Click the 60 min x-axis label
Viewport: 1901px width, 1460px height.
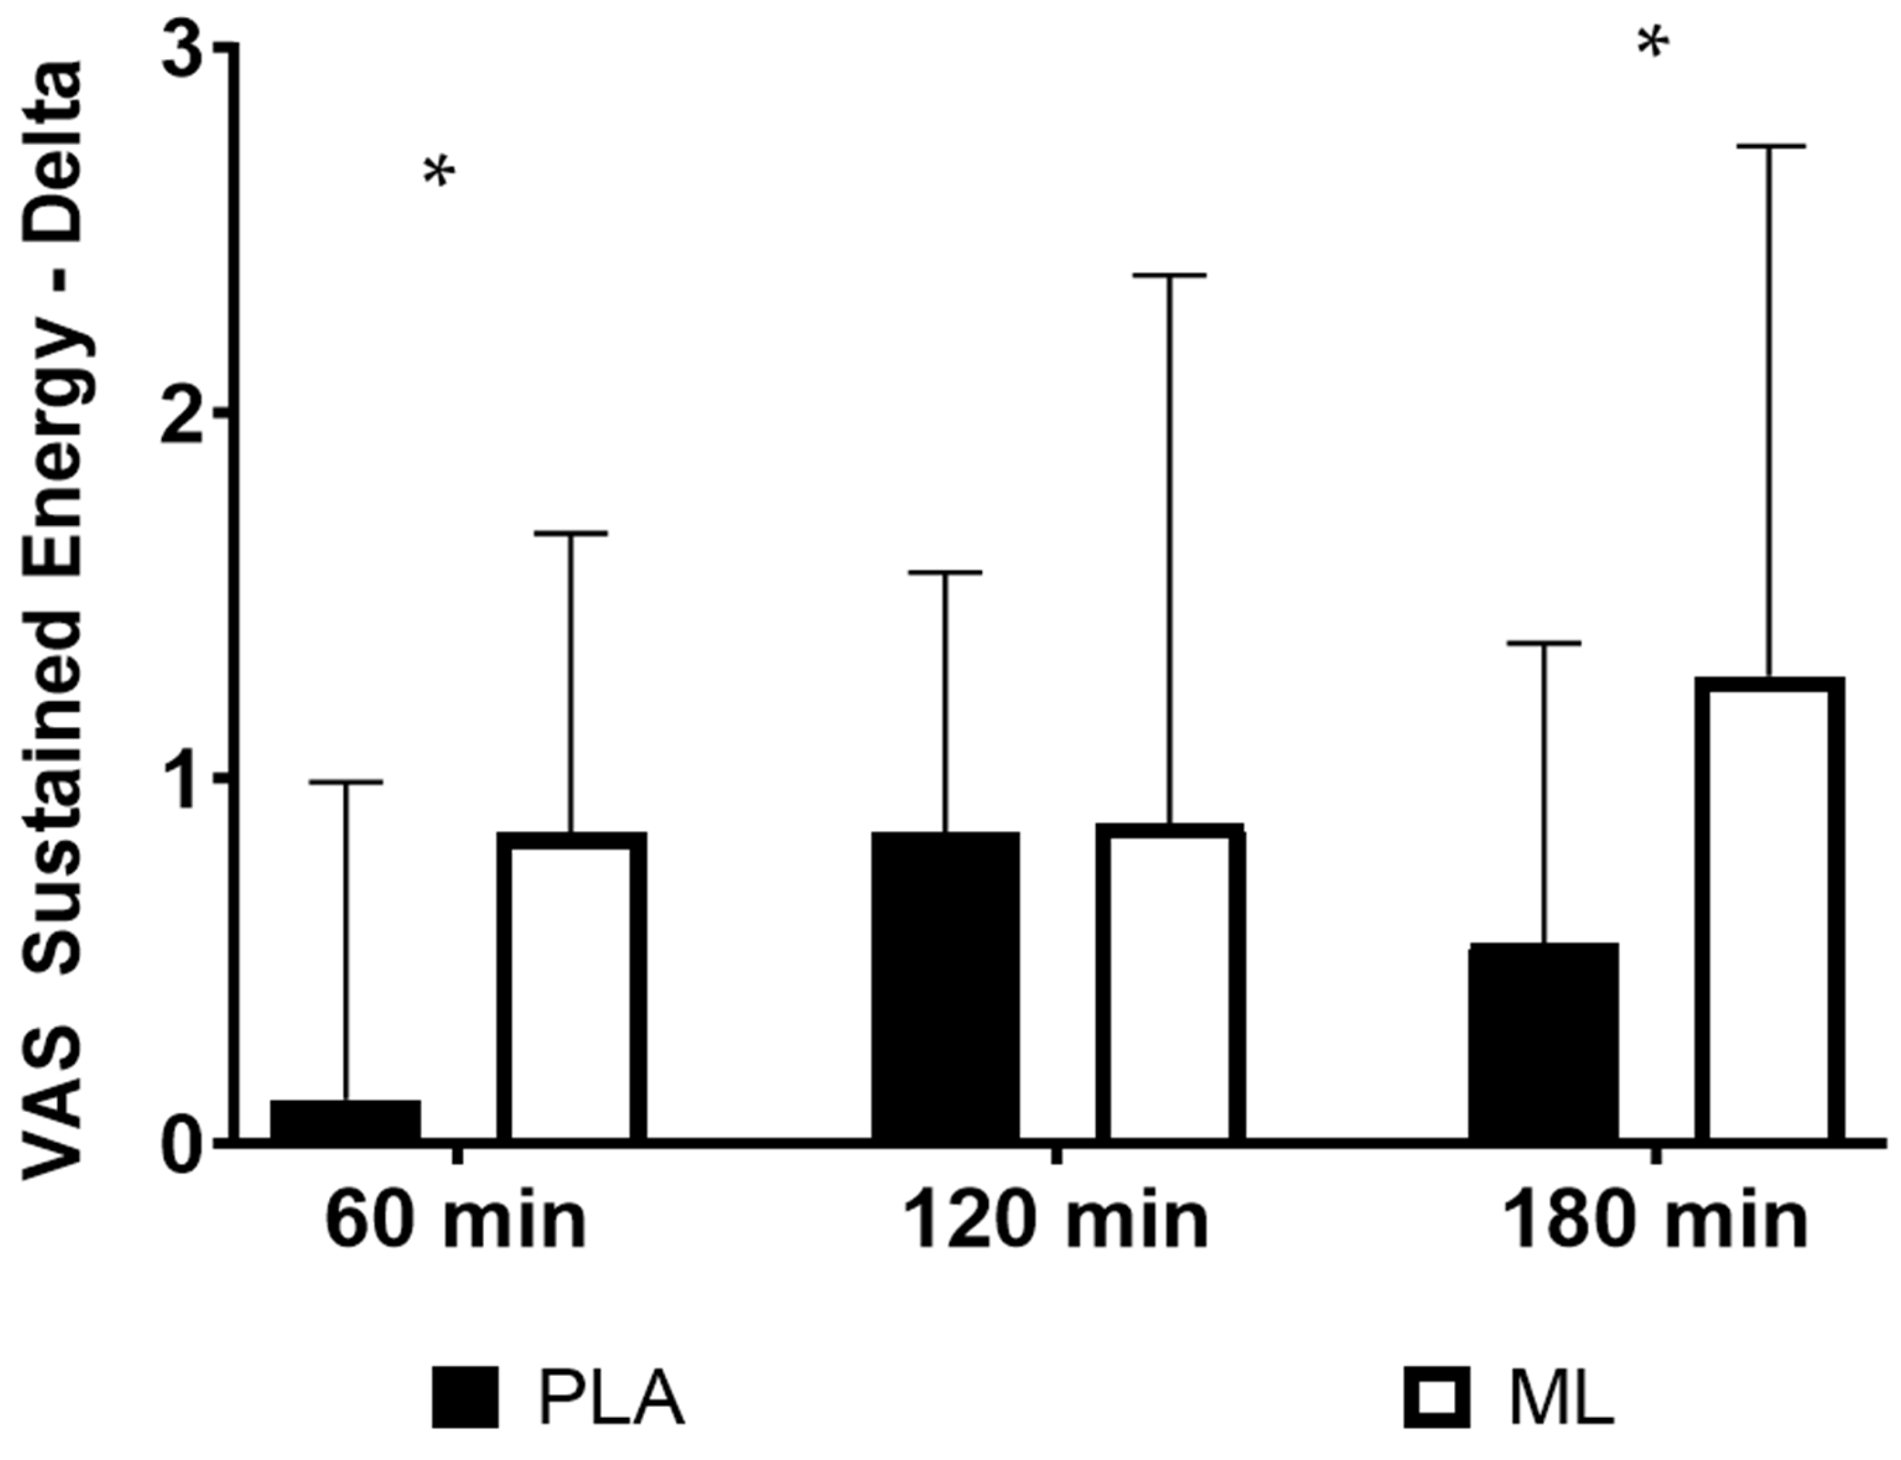click(456, 1221)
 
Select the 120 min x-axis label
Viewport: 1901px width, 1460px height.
click(1055, 1221)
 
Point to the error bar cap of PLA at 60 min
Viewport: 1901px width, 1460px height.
click(346, 782)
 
